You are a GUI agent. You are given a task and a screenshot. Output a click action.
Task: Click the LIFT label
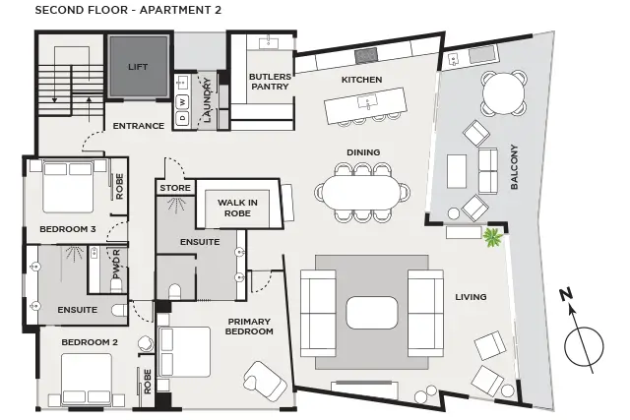[x=137, y=67]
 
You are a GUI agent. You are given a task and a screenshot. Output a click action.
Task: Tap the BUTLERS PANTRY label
[x=268, y=82]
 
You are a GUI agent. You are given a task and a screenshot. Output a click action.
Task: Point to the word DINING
[x=363, y=152]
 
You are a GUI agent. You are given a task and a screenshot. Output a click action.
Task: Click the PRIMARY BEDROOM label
[x=249, y=327]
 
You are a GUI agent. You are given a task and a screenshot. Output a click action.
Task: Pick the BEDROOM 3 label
[x=68, y=229]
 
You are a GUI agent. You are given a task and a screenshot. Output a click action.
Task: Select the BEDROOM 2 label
[x=90, y=341]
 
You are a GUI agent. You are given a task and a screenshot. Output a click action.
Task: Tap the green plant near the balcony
[x=493, y=237]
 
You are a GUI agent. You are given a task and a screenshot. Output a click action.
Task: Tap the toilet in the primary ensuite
[x=175, y=292]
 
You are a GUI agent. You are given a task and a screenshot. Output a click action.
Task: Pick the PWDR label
[x=117, y=265]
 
